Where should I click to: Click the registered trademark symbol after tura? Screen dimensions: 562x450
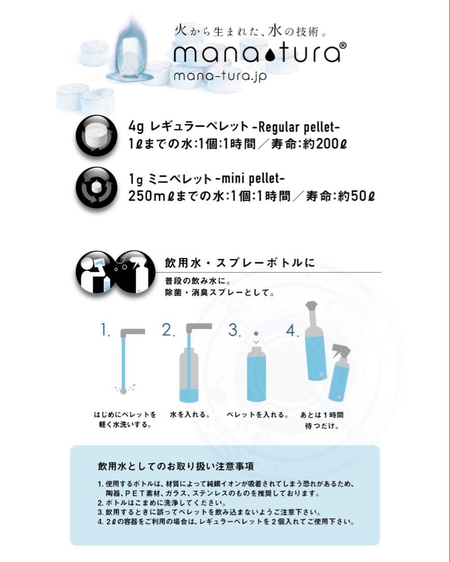[x=343, y=45]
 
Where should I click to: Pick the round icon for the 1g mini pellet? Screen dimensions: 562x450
[x=95, y=187]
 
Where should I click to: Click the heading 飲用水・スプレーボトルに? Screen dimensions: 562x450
[x=239, y=262]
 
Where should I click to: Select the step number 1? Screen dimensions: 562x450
[x=106, y=330]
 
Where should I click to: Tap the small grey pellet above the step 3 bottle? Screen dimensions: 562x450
[x=255, y=332]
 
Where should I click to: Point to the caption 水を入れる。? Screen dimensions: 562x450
[x=190, y=415]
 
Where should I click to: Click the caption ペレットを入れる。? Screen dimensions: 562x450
[x=258, y=415]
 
